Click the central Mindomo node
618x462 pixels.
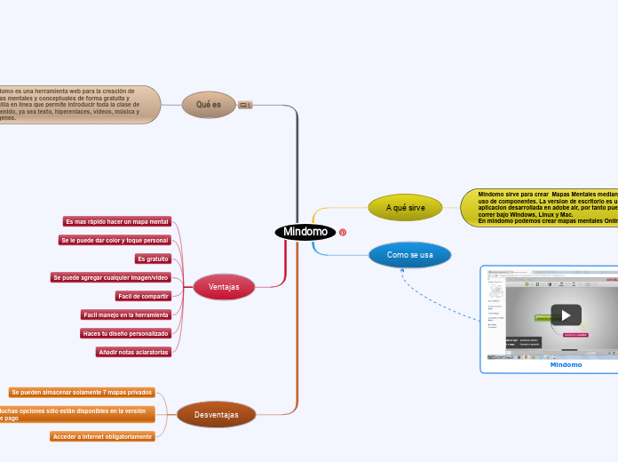(x=305, y=232)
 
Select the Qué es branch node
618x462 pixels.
(x=209, y=105)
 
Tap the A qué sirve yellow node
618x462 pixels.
(x=405, y=208)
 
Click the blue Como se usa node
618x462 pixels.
(x=409, y=255)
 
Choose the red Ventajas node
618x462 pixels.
(x=224, y=287)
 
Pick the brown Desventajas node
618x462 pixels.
(x=217, y=414)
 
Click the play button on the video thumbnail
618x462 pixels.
(x=566, y=315)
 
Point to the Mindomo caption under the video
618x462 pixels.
(x=566, y=364)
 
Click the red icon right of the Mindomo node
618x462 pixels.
(x=343, y=233)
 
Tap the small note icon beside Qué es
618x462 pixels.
(x=245, y=105)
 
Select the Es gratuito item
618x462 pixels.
(x=153, y=259)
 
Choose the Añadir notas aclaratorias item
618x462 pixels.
(x=133, y=352)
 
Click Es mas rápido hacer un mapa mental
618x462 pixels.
(x=116, y=221)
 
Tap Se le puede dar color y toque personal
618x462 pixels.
(x=114, y=240)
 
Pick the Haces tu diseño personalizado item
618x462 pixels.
(x=125, y=333)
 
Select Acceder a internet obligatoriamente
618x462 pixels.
(x=103, y=436)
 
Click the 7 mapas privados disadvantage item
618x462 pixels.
(x=83, y=392)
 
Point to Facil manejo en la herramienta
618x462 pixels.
(x=125, y=315)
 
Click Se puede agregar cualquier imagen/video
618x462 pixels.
(x=110, y=277)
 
